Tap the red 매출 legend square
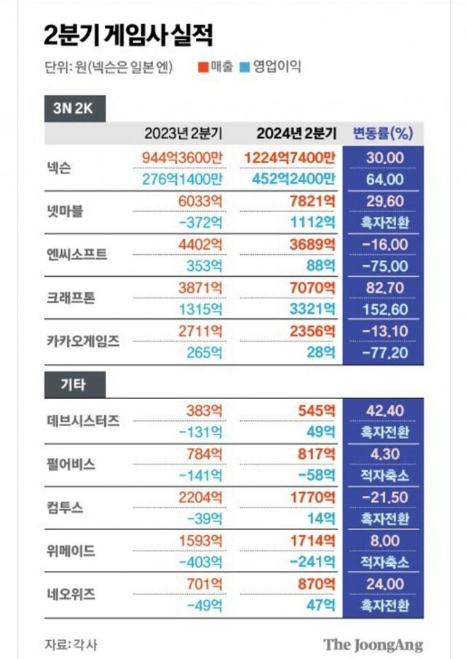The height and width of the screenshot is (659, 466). [202, 68]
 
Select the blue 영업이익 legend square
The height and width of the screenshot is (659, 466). [245, 68]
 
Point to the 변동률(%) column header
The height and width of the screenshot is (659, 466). [382, 133]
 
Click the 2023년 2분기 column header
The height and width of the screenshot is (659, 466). [183, 133]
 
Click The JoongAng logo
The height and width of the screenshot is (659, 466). [373, 644]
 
